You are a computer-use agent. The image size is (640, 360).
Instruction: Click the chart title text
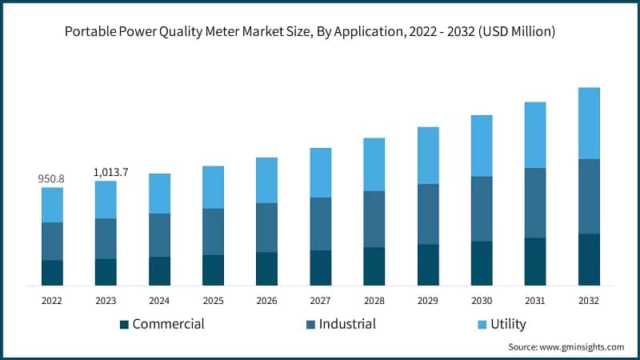pos(320,32)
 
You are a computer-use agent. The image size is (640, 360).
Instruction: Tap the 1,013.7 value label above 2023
pos(106,172)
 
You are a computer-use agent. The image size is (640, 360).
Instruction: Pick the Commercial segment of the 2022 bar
pos(52,273)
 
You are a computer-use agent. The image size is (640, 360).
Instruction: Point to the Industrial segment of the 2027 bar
pos(321,224)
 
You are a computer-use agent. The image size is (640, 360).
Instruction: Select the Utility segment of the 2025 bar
pos(213,187)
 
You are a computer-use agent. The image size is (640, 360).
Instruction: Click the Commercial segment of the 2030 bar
pos(482,263)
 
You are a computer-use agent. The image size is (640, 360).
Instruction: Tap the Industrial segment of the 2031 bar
pos(535,203)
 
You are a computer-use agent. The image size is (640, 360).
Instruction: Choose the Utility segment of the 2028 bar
pos(374,165)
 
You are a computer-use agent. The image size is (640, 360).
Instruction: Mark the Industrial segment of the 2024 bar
pos(159,235)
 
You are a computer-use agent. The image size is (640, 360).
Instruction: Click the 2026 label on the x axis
pos(266,301)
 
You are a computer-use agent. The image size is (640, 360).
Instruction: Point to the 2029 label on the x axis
pos(428,301)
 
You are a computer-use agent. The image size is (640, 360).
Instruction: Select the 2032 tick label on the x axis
pos(589,301)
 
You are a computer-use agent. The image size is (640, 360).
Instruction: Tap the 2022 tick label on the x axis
pos(52,301)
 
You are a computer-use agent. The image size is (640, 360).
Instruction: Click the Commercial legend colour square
pos(124,325)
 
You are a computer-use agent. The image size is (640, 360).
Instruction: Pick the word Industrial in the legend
pos(347,324)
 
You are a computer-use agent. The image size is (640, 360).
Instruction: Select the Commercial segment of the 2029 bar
pos(428,265)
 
